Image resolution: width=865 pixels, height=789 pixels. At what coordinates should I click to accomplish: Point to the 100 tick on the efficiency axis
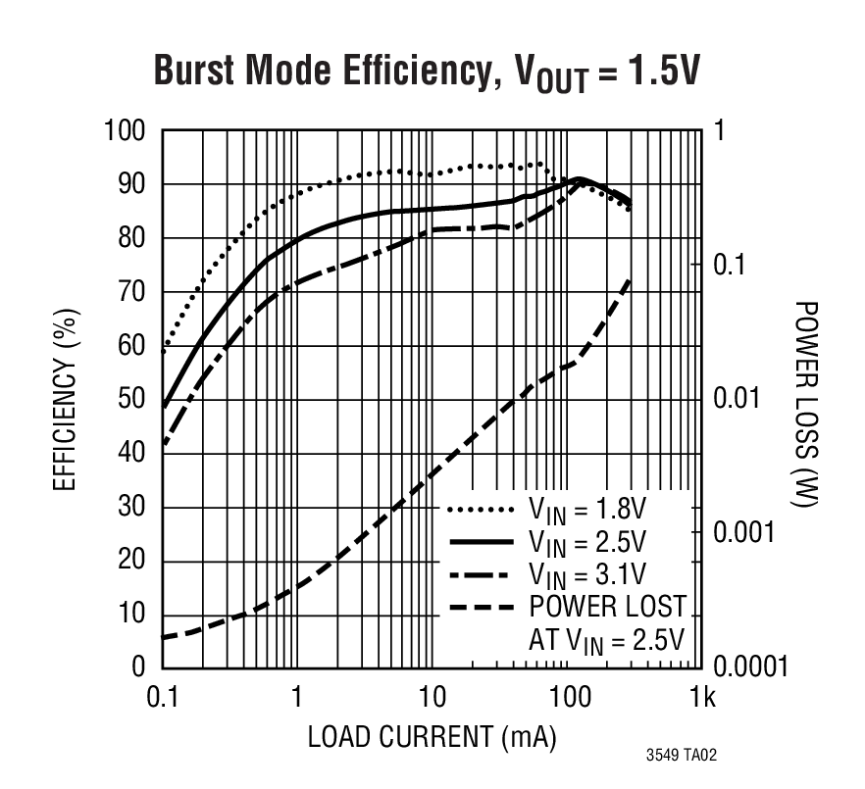click(x=125, y=131)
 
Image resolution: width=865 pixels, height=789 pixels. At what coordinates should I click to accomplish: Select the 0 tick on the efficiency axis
click(x=139, y=667)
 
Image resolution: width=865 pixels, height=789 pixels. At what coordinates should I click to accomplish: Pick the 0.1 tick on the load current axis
click(x=161, y=699)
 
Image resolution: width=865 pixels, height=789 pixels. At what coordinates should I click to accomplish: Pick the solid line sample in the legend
click(x=482, y=542)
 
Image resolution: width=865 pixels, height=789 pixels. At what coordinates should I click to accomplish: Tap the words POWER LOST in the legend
click(x=607, y=606)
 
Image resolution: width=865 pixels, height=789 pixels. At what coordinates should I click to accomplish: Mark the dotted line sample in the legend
click(x=482, y=511)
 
